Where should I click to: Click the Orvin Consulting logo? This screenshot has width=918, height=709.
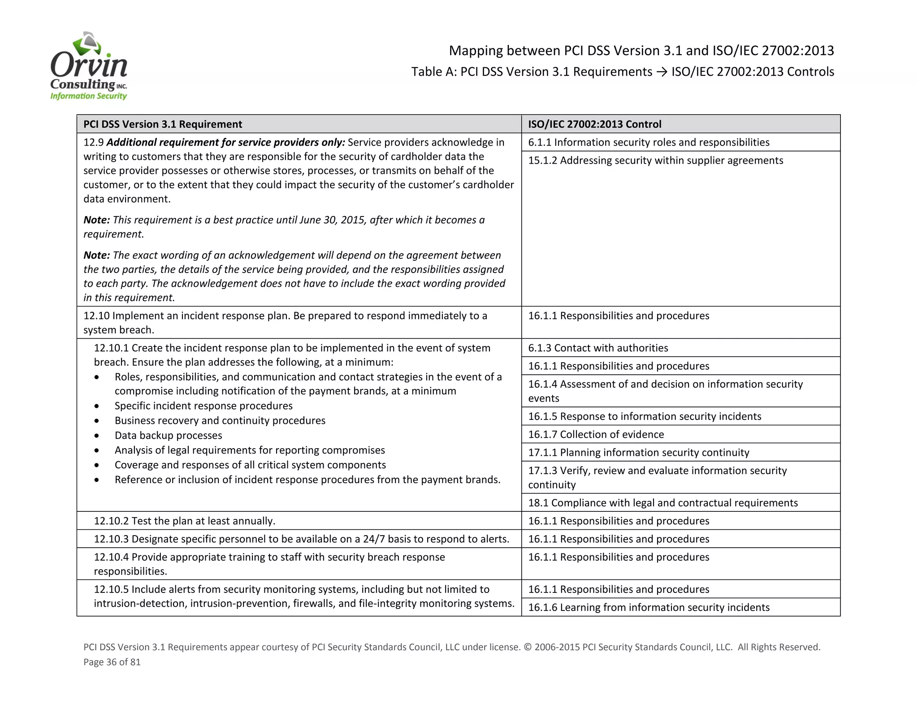click(89, 66)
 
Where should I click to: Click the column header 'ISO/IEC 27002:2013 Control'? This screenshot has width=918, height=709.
click(594, 124)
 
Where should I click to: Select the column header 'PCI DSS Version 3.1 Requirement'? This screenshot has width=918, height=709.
click(163, 124)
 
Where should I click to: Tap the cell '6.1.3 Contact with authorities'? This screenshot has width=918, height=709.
click(598, 348)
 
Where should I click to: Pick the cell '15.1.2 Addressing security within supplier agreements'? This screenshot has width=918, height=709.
click(655, 160)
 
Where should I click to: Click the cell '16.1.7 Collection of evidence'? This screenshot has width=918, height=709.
click(596, 434)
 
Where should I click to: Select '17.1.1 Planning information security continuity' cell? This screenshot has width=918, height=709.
click(638, 452)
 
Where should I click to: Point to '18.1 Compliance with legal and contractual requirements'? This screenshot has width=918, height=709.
click(663, 502)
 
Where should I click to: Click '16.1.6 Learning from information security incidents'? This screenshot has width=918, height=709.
click(649, 607)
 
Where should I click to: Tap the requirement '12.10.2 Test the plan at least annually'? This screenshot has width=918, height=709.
click(184, 521)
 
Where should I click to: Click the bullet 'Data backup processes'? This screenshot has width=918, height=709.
click(168, 435)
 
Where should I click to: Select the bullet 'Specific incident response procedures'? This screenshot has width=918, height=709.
click(204, 406)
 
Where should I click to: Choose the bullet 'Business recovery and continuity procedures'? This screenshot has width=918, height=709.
click(220, 420)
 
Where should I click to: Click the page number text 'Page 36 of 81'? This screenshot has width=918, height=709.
click(112, 662)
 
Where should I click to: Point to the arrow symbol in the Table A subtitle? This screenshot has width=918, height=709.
click(662, 72)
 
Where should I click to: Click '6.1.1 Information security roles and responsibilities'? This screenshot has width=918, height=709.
click(648, 142)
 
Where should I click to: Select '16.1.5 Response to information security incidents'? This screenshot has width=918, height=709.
click(644, 416)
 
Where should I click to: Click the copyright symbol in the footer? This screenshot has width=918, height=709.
click(527, 647)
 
